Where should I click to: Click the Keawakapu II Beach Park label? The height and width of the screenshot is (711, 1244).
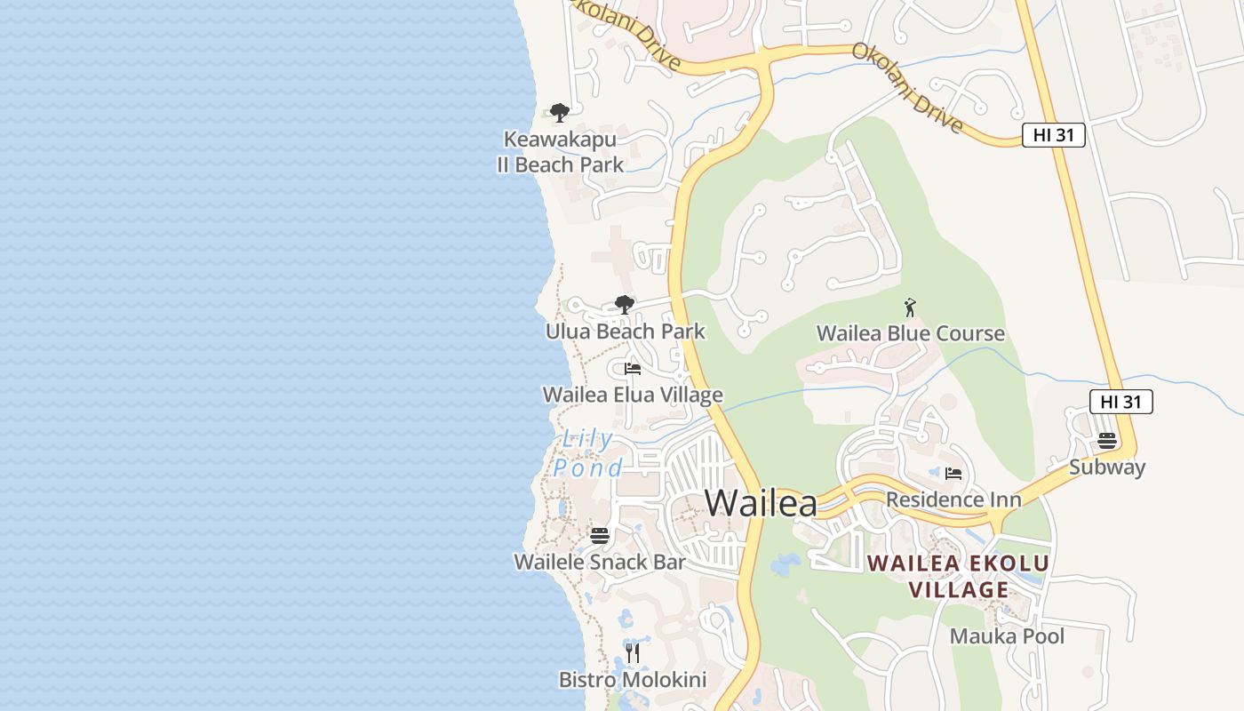coord(560,152)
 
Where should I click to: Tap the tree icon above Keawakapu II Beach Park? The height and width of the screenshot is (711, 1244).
coord(559,113)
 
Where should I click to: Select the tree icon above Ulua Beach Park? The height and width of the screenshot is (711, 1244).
coord(625,305)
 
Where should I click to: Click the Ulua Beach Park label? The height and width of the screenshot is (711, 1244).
coord(625,332)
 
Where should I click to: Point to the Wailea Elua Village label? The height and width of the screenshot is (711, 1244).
coord(633,395)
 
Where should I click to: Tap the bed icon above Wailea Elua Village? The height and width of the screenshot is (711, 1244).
coord(633,369)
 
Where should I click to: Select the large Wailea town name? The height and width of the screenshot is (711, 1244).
coord(761,503)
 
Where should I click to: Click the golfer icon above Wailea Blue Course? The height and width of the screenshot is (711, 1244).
coord(910,308)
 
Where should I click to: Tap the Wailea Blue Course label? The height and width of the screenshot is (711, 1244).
coord(911,333)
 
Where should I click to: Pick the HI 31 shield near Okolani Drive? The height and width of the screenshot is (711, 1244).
coord(1053,135)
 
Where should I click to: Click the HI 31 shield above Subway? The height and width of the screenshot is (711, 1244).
coord(1120,402)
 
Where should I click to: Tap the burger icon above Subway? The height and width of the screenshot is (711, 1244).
coord(1106,441)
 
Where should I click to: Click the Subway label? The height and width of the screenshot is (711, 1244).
coord(1106,467)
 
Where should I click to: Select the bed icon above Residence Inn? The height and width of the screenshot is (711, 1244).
coord(953,474)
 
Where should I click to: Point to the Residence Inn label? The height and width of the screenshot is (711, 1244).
coord(953,499)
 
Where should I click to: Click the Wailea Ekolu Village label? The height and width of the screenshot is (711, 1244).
coord(958,576)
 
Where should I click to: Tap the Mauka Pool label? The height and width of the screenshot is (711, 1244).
coord(1007,636)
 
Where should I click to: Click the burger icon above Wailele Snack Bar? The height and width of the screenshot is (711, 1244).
coord(600,536)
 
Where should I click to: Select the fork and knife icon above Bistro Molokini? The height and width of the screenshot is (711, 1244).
coord(632,654)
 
